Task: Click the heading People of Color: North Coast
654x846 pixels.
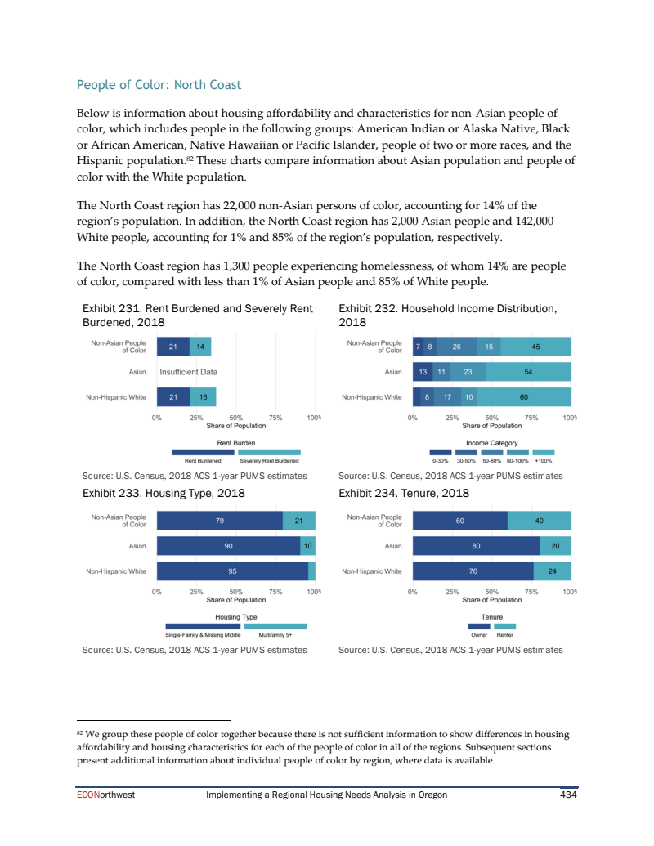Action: coord(159,85)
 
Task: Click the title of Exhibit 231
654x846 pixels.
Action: coord(198,315)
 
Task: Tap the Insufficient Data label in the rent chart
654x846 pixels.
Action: coord(188,372)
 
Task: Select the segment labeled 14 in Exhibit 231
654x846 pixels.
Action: coord(200,347)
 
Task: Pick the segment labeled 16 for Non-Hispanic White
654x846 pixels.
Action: coord(203,397)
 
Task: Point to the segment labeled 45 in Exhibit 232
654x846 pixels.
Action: coord(535,347)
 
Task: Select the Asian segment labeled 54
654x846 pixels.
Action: coord(528,372)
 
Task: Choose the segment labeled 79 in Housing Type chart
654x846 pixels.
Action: coord(220,521)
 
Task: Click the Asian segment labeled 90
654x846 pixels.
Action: coord(228,546)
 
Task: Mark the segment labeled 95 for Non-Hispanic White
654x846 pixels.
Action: coord(232,571)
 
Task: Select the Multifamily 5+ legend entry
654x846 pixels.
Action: coord(275,626)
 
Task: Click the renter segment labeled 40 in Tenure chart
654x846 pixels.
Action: coord(539,521)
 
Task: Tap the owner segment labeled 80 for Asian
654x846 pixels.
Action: coord(476,546)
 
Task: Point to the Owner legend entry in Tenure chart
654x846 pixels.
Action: coord(479,626)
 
